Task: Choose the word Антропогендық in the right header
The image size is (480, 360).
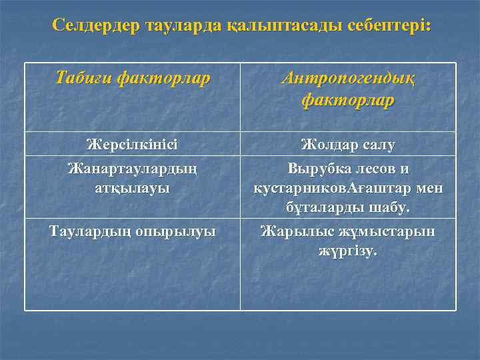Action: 348,79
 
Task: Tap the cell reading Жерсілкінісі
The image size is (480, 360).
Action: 133,143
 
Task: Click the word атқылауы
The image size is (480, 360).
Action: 133,187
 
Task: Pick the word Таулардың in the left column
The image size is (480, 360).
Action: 85,231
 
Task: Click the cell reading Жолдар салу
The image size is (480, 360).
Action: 348,143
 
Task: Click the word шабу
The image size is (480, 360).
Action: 391,209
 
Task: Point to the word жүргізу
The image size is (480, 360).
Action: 348,252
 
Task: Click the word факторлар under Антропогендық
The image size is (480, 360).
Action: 348,100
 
